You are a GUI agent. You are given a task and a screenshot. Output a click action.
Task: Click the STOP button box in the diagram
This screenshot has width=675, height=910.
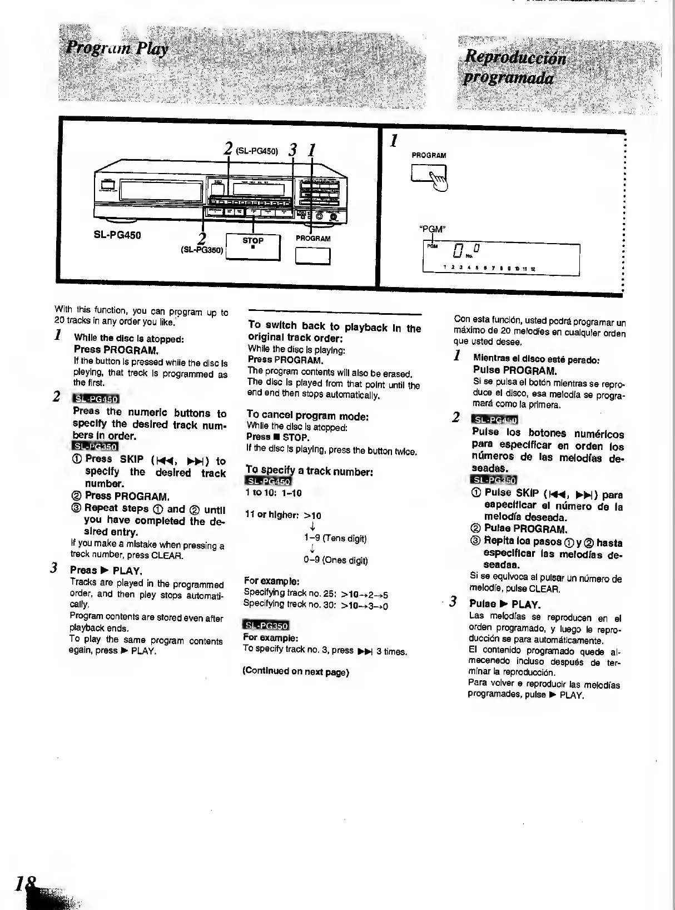pyautogui.click(x=253, y=246)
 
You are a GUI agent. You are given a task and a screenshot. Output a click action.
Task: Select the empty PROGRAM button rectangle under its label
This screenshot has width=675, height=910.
pyautogui.click(x=312, y=256)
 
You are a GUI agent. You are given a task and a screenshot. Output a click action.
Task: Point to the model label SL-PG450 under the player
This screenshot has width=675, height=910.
pyautogui.click(x=117, y=235)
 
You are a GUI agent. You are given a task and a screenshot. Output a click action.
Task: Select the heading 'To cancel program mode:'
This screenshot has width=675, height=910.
pyautogui.click(x=307, y=416)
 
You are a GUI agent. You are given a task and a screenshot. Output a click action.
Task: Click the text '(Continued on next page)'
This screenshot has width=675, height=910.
pyautogui.click(x=295, y=671)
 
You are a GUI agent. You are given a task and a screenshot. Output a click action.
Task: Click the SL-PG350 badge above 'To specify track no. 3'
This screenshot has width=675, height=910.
pyautogui.click(x=266, y=626)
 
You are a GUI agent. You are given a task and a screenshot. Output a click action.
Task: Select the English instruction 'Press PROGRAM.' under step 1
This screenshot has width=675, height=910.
pyautogui.click(x=116, y=350)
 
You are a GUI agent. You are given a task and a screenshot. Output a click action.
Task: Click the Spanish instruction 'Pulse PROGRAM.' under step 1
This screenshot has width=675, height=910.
pyautogui.click(x=515, y=370)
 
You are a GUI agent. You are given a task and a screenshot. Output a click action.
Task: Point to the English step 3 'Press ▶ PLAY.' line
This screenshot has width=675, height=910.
pyautogui.click(x=106, y=570)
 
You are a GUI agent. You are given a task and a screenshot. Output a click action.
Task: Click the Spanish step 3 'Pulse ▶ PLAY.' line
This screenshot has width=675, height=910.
pyautogui.click(x=505, y=604)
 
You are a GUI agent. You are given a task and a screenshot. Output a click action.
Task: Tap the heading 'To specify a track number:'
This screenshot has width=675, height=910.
pyautogui.click(x=309, y=471)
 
